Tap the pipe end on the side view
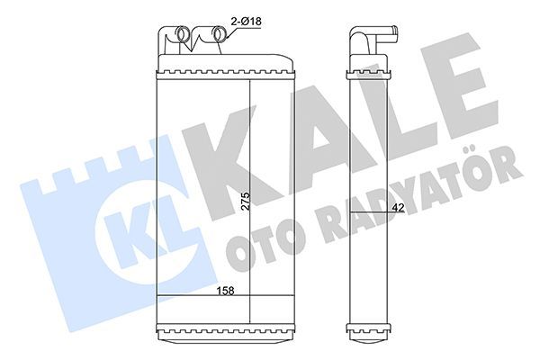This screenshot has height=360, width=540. pyautogui.click(x=394, y=35)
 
